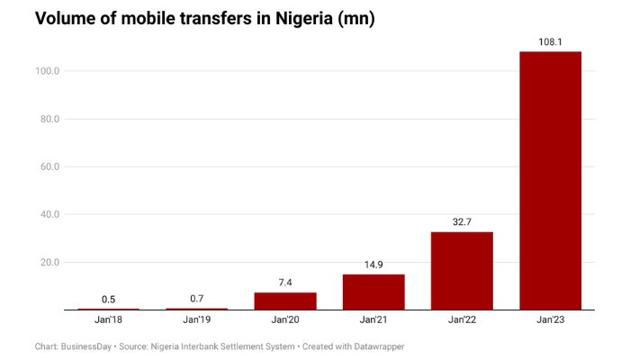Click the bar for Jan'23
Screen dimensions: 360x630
pyautogui.click(x=550, y=180)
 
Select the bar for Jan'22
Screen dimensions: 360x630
pyautogui.click(x=462, y=270)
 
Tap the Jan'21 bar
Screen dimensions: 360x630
pyautogui.click(x=373, y=292)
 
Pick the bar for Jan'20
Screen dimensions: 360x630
pyautogui.click(x=285, y=301)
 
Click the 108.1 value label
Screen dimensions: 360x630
pyautogui.click(x=550, y=40)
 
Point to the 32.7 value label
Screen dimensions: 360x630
pyautogui.click(x=462, y=220)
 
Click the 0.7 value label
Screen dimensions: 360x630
pyautogui.click(x=196, y=298)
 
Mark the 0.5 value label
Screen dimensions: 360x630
pyautogui.click(x=108, y=298)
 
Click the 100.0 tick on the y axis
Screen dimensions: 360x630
pyautogui.click(x=47, y=71)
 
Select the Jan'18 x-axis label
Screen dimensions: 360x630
pyautogui.click(x=108, y=320)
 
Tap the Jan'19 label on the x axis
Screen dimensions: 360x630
pyautogui.click(x=196, y=320)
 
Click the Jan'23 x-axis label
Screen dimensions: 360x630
pyautogui.click(x=550, y=320)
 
